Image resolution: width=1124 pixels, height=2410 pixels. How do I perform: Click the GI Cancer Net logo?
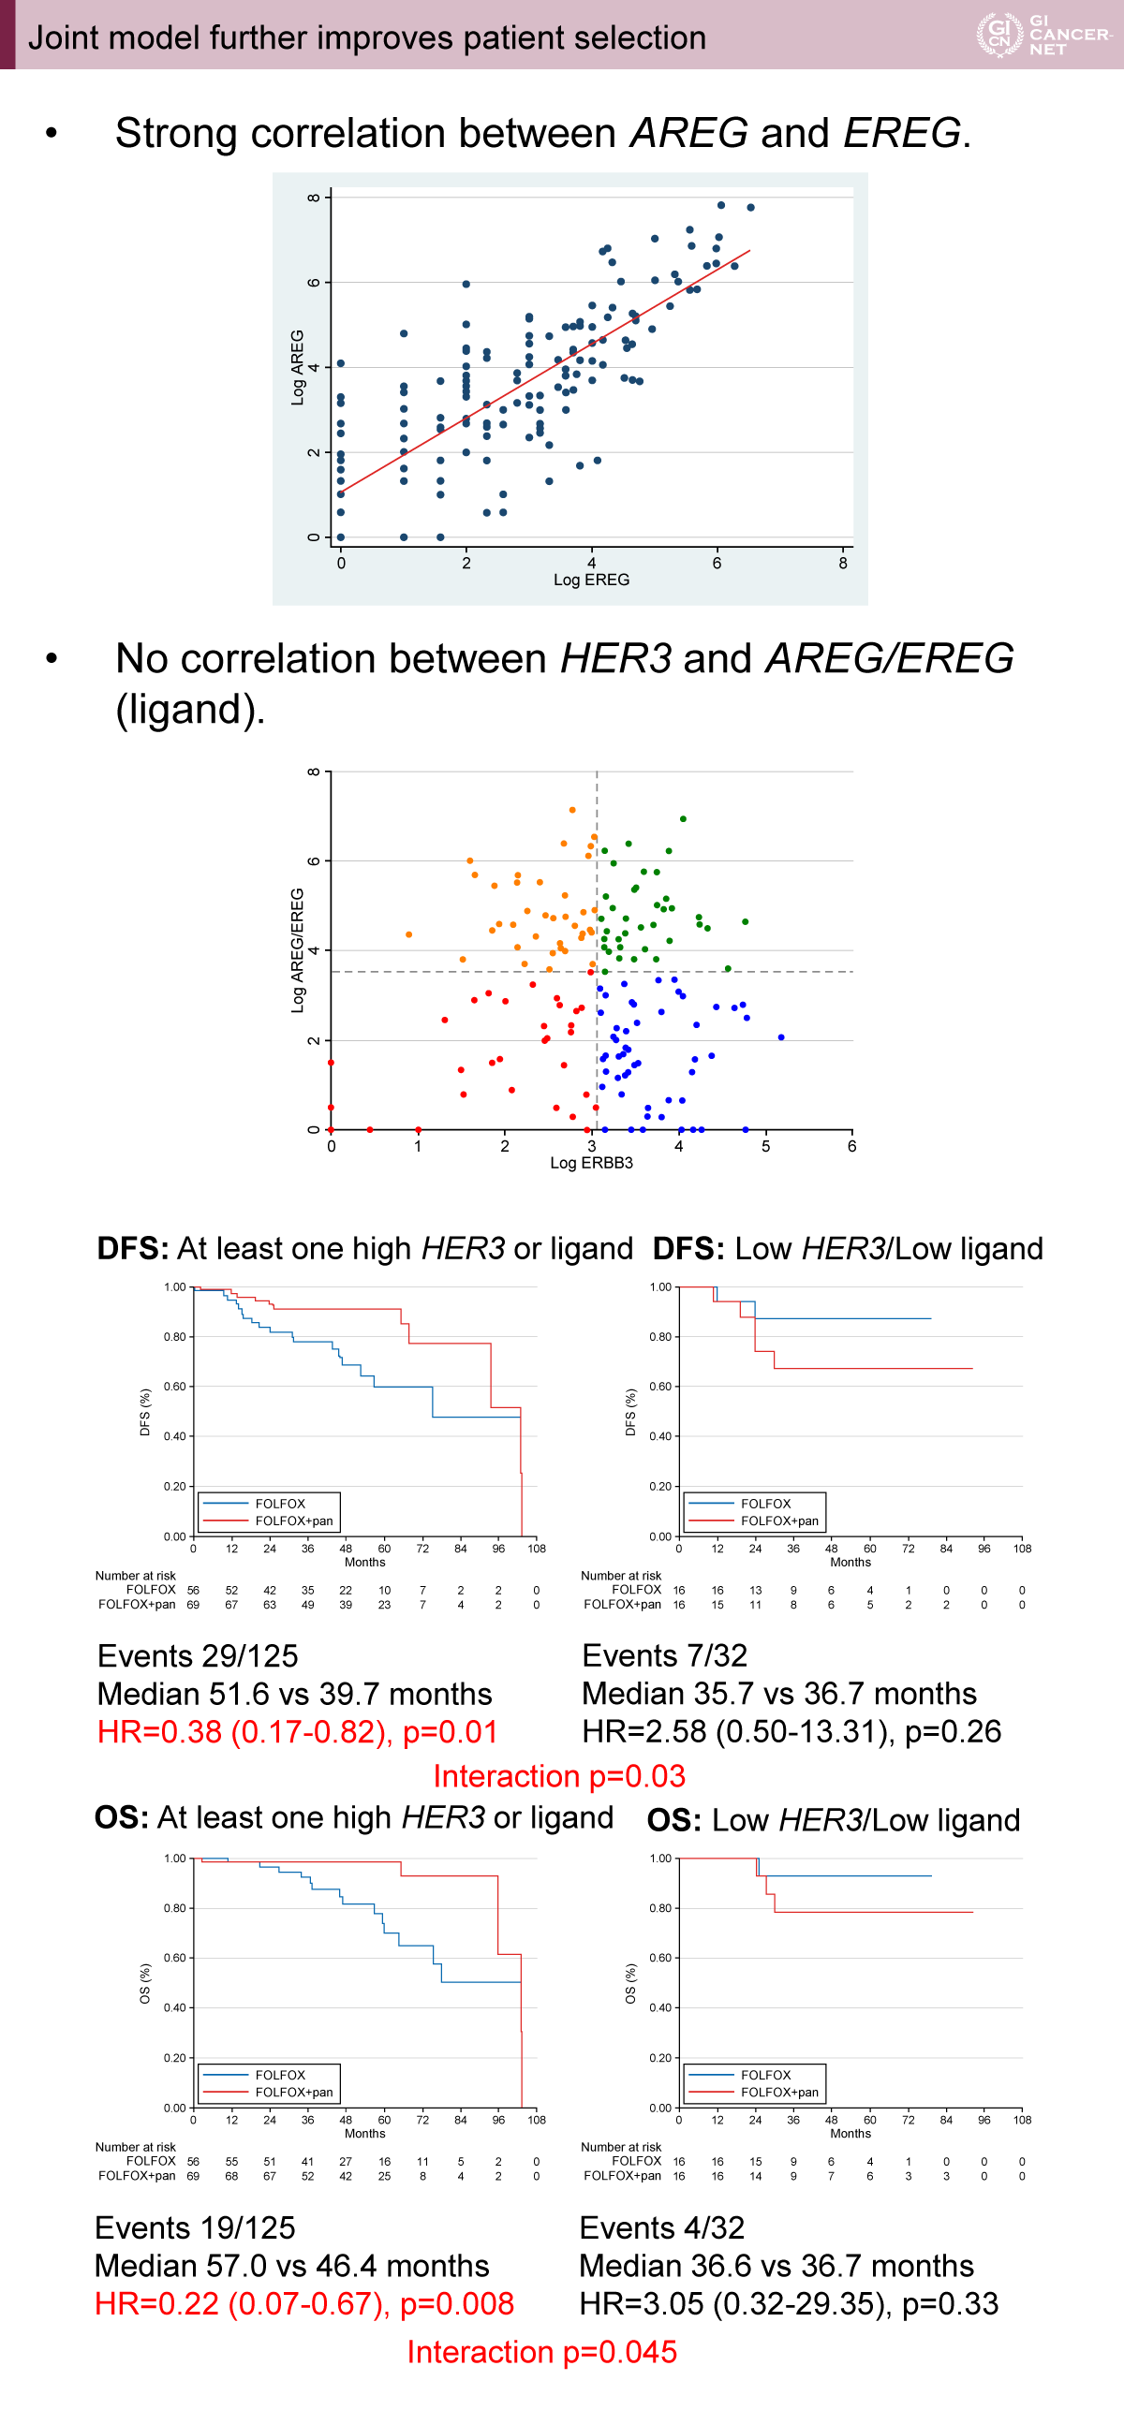[x=1043, y=35]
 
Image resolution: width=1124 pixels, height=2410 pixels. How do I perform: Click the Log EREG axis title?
[x=591, y=580]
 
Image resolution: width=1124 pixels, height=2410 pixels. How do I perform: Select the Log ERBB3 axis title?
[x=591, y=1163]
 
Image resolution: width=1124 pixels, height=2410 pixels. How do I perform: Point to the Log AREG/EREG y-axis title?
[x=298, y=949]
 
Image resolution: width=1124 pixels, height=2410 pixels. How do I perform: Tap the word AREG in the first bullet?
[x=688, y=133]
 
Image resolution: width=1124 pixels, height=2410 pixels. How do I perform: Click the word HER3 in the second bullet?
[x=615, y=658]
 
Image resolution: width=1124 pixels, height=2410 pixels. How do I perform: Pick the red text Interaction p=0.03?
[x=559, y=1776]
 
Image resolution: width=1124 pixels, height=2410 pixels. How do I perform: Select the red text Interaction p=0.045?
[x=541, y=2351]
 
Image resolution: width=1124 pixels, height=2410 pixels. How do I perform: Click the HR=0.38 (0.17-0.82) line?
[x=297, y=1731]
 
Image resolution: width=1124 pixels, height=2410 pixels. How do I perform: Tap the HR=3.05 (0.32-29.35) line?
[x=789, y=2303]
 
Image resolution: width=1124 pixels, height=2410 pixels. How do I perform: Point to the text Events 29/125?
[x=198, y=1655]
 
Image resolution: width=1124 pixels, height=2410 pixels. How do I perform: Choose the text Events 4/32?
[x=661, y=2227]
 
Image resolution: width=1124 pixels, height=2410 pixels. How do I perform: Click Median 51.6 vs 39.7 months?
[x=294, y=1694]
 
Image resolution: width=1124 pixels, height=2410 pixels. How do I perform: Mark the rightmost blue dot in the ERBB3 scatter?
[x=781, y=1037]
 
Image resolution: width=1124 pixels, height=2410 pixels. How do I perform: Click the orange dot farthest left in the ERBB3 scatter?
[x=408, y=934]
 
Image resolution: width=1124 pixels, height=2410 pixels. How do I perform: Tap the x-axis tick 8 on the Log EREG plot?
[x=843, y=563]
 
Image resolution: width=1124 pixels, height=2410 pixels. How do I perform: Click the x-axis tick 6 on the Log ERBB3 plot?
[x=851, y=1146]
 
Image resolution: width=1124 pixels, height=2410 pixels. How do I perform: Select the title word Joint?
[x=61, y=37]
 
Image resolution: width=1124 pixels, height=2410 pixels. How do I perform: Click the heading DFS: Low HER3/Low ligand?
[x=848, y=1248]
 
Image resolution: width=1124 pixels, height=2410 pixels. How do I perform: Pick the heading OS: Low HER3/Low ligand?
[x=834, y=1819]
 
